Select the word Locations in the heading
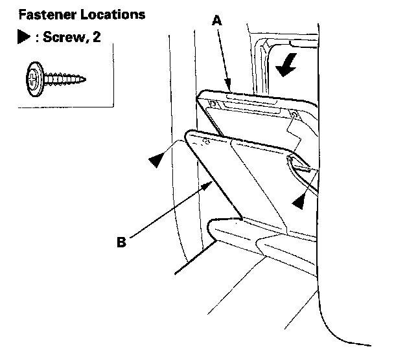(108, 14)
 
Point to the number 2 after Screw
(84, 37)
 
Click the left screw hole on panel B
(205, 139)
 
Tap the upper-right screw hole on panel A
(295, 115)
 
